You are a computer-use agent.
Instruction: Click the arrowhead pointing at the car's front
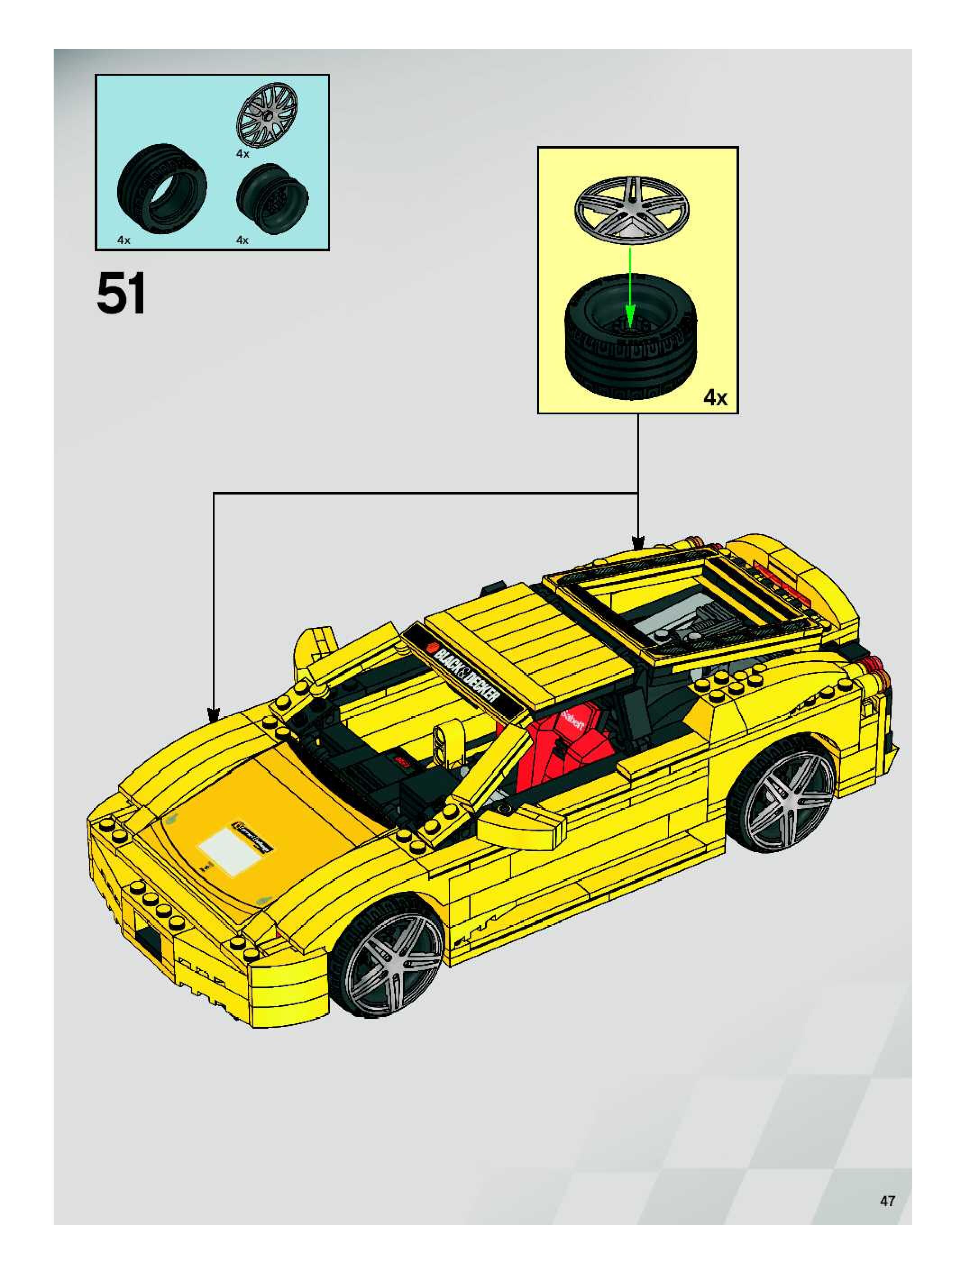coord(214,713)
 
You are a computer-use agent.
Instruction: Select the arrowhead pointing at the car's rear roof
coord(638,543)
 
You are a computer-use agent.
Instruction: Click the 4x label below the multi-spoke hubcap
coord(242,154)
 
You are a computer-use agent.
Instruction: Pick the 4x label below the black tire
coord(124,240)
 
